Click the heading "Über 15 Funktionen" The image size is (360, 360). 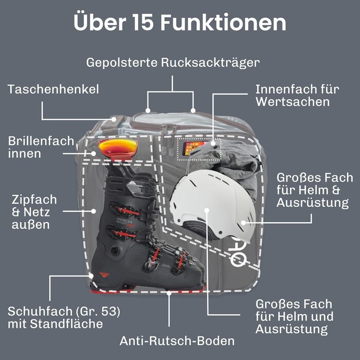[x=180, y=23]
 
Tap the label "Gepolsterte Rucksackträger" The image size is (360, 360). [x=173, y=63]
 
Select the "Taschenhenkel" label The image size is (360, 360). [x=53, y=89]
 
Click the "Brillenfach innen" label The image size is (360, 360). [x=41, y=147]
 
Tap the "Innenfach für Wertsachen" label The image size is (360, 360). [x=297, y=95]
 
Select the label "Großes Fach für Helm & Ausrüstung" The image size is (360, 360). [x=315, y=190]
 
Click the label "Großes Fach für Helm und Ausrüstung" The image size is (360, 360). [x=294, y=316]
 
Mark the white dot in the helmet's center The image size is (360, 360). [x=207, y=210]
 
